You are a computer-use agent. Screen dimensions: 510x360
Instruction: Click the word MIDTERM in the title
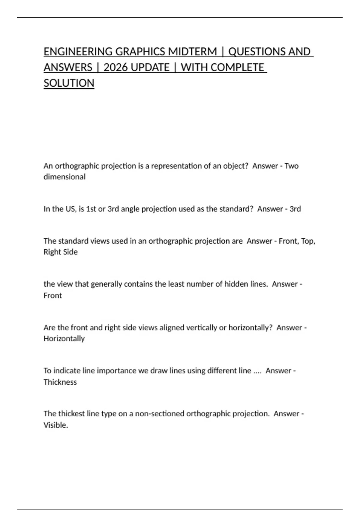click(192, 52)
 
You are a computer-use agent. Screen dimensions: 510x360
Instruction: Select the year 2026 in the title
click(116, 67)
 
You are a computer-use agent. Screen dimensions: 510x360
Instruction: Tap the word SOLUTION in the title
click(69, 83)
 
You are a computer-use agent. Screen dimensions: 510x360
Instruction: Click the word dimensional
click(64, 177)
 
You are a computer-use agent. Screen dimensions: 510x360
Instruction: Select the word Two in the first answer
click(291, 166)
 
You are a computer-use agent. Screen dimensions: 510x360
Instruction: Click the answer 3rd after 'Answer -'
click(295, 209)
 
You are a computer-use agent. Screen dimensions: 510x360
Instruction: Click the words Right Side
click(61, 252)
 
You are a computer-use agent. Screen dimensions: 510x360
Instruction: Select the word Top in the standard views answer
click(308, 241)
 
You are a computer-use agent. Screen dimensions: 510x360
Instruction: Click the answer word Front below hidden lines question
click(53, 295)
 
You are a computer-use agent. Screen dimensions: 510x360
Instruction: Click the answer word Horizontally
click(64, 338)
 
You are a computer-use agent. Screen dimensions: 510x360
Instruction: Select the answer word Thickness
click(60, 382)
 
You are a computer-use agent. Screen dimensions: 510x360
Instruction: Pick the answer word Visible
click(56, 425)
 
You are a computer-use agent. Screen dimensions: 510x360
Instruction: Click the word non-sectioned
click(160, 414)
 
